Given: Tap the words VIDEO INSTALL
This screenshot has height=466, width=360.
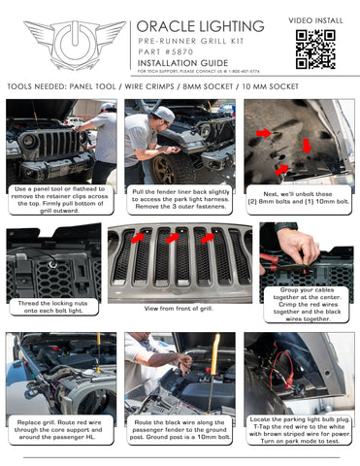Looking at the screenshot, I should (x=314, y=18).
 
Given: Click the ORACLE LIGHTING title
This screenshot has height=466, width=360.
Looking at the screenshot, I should (x=200, y=26).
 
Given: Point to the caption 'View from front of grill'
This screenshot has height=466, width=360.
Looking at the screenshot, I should (x=180, y=308).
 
